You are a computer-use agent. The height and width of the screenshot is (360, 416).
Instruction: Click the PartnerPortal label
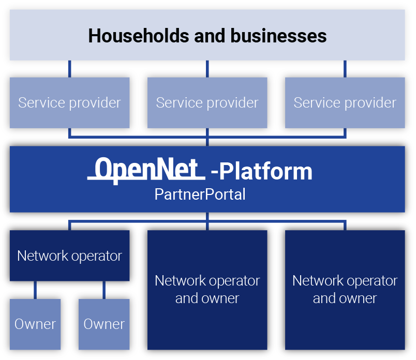click(x=200, y=194)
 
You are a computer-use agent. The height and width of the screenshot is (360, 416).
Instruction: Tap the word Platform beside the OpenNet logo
click(x=266, y=172)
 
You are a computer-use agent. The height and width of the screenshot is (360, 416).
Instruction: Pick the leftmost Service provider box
click(x=69, y=102)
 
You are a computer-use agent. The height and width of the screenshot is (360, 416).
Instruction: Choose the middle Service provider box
click(x=207, y=102)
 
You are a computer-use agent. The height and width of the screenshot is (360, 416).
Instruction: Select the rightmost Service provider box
click(x=345, y=102)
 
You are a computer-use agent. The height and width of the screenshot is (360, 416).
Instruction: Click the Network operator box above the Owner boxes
click(x=69, y=256)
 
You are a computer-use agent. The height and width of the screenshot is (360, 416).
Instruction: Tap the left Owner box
click(x=35, y=324)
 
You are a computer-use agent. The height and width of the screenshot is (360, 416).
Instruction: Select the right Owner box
click(x=104, y=324)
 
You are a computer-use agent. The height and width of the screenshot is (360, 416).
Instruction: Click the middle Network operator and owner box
click(x=207, y=290)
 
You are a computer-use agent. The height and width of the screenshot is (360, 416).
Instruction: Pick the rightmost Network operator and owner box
click(x=345, y=290)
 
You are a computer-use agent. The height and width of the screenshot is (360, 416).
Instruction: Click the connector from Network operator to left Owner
click(x=35, y=290)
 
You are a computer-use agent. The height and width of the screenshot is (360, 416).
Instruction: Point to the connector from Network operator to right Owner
click(x=104, y=290)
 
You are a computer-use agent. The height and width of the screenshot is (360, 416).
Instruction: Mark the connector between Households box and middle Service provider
click(x=207, y=69)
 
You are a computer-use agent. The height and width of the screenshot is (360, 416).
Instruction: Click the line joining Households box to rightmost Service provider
click(x=345, y=69)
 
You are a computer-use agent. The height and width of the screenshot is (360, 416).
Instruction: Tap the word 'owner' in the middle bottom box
click(x=222, y=298)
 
